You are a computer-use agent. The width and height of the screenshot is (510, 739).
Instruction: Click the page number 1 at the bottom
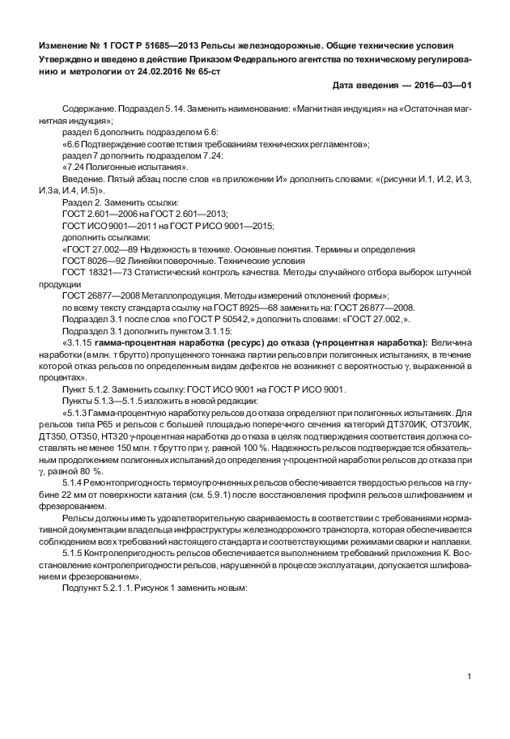[x=470, y=675]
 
